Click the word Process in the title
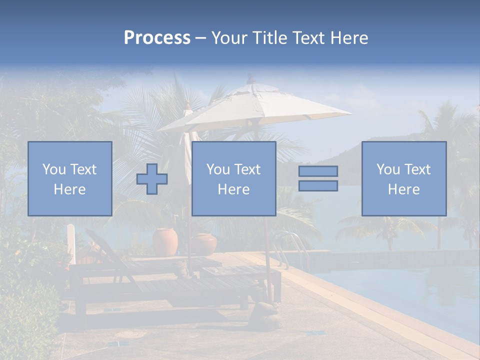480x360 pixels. coord(157,38)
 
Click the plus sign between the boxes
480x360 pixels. coord(152,179)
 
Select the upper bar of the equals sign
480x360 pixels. coord(318,171)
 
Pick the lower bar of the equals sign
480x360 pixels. coord(318,186)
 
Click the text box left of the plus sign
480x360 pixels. coord(69,178)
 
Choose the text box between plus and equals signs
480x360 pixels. coord(233,178)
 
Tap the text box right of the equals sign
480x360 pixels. coord(403,178)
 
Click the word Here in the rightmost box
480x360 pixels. coord(403,189)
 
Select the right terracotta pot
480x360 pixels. coord(204,244)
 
